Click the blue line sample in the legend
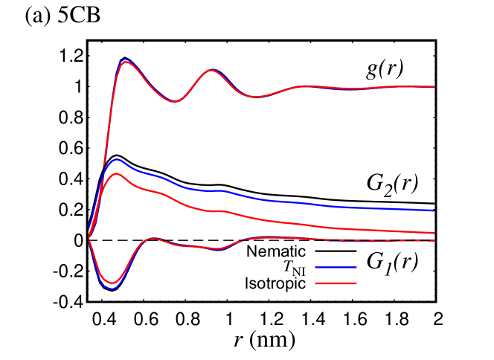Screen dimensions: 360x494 (336, 267)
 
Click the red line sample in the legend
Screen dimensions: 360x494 (336, 283)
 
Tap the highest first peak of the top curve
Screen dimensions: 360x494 (125, 60)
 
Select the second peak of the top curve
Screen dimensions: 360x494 (212, 70)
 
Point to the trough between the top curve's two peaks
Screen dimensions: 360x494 (173, 101)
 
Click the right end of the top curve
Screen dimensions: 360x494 (434, 87)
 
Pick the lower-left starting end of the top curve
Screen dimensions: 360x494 (103, 166)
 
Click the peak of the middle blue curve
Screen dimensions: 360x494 (116, 159)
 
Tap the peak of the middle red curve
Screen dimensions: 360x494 (116, 173)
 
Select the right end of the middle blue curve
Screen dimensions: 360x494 (434, 210)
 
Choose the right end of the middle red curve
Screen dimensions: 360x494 (434, 233)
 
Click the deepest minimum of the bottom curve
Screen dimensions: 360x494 (112, 287)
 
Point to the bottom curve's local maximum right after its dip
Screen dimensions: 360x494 (153, 239)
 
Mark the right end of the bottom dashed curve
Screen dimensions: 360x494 (434, 241)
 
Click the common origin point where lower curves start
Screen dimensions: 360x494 (89, 238)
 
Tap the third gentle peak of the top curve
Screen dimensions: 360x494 (310, 86)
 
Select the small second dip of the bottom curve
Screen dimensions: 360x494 (218, 248)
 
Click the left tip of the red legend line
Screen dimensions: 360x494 (315, 283)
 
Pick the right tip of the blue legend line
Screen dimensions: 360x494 (356, 267)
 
